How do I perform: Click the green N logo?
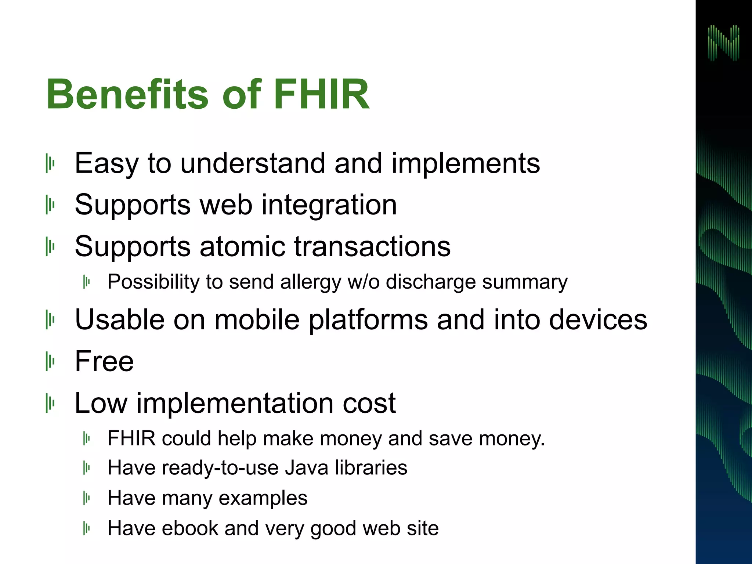point(723,43)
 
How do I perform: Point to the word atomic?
point(242,246)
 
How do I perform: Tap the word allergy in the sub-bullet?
point(311,282)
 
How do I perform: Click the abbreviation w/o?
point(364,282)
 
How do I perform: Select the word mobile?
point(257,319)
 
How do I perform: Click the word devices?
point(598,319)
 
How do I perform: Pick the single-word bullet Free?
point(104,361)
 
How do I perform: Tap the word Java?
point(306,468)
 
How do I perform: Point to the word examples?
point(263,498)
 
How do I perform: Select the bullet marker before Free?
point(50,361)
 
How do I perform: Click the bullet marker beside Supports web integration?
point(50,205)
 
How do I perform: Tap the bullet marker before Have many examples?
point(87,498)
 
